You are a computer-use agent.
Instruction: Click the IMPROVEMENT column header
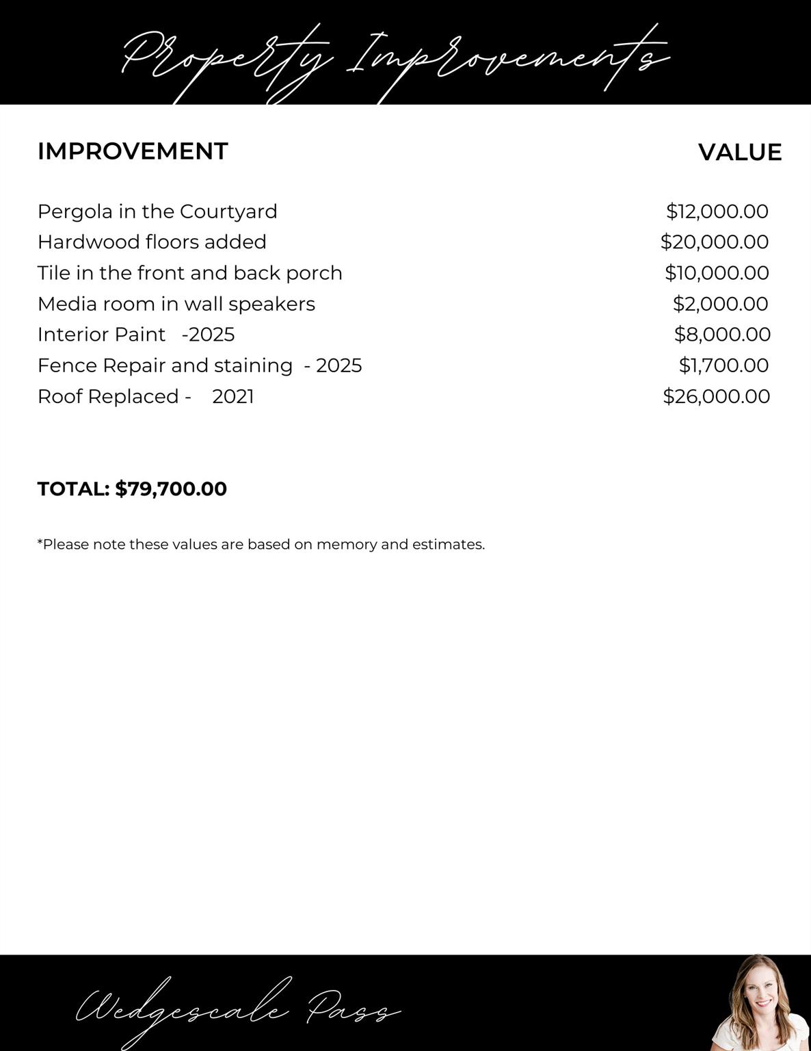point(133,151)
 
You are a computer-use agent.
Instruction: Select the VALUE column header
point(739,152)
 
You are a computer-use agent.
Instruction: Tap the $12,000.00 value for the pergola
point(717,211)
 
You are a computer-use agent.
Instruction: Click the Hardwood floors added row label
point(152,242)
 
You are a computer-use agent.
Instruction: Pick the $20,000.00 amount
point(714,242)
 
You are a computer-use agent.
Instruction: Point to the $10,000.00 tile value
point(717,273)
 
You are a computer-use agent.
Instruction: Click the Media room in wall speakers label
point(176,304)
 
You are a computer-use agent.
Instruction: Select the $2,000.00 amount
point(720,304)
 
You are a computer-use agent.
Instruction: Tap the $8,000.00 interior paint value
point(722,335)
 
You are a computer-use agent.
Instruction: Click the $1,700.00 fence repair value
point(723,365)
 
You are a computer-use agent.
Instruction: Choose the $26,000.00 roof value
point(716,396)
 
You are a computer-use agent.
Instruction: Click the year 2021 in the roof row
point(233,397)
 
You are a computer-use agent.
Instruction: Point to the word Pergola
point(75,212)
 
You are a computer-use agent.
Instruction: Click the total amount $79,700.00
point(171,489)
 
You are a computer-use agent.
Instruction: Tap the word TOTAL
point(72,489)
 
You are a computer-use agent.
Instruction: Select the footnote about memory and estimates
point(261,545)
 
